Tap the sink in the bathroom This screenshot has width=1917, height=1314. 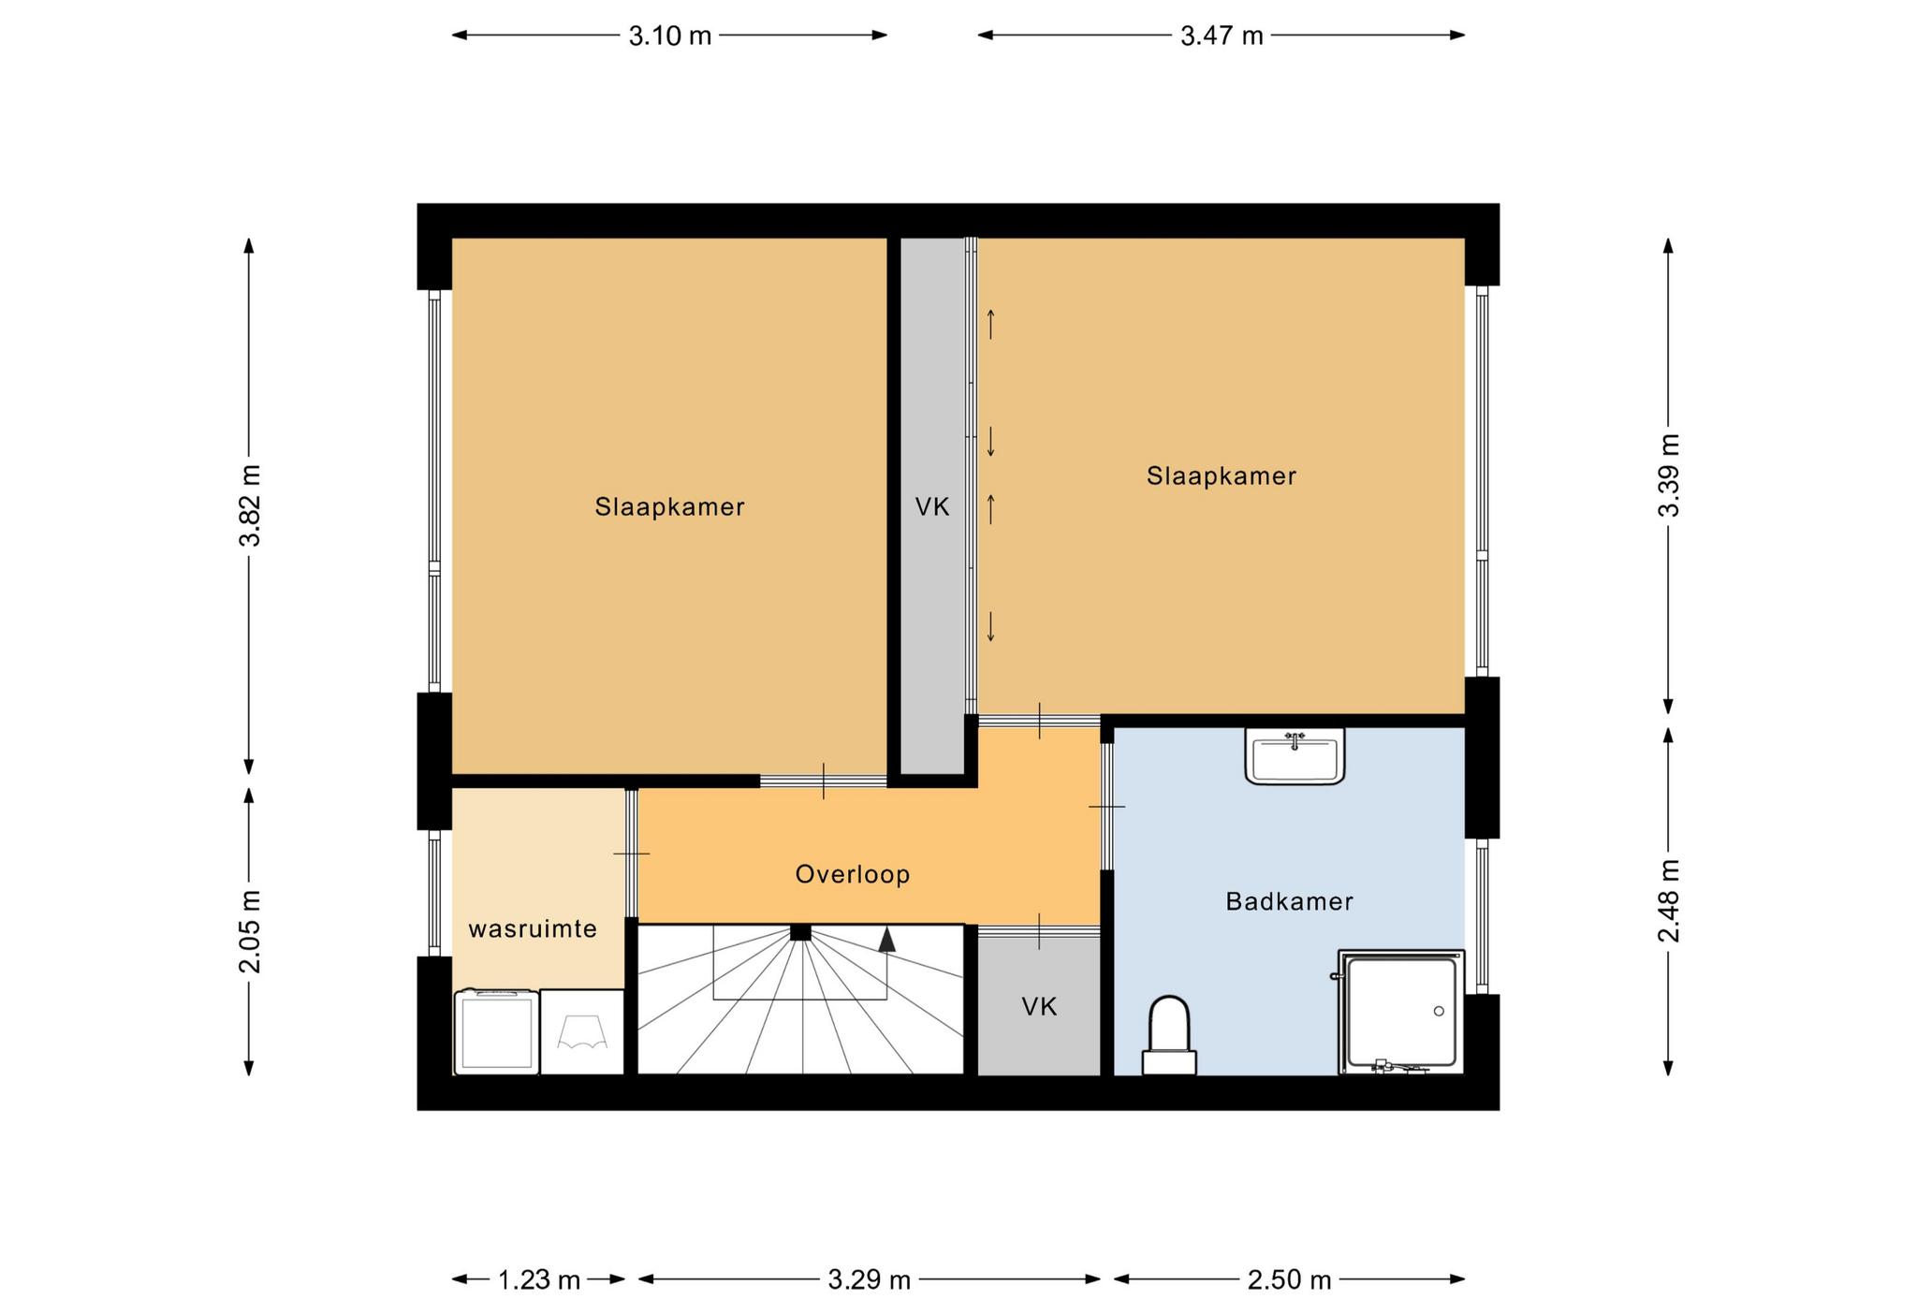[1295, 755]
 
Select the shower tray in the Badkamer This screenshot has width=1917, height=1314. [1401, 1012]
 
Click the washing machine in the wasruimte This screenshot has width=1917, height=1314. [496, 1031]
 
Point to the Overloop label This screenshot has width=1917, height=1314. [853, 874]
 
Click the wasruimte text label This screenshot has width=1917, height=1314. [533, 929]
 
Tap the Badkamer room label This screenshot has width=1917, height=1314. [1289, 901]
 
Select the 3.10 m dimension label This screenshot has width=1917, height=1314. [670, 36]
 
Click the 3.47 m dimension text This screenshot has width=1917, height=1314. [1222, 36]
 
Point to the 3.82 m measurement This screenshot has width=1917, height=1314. [250, 505]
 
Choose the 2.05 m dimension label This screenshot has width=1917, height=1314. [250, 931]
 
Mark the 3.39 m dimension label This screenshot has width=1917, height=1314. [1669, 475]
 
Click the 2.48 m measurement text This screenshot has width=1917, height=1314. [1669, 901]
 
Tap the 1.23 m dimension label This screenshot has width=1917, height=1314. [539, 1279]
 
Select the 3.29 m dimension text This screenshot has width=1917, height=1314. [870, 1279]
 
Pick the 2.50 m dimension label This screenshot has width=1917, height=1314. [1289, 1279]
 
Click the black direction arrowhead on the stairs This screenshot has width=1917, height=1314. [886, 940]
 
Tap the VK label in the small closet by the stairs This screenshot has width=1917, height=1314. [1039, 1007]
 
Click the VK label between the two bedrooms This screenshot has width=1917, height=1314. [932, 507]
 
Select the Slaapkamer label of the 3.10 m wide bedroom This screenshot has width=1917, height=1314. [670, 507]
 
